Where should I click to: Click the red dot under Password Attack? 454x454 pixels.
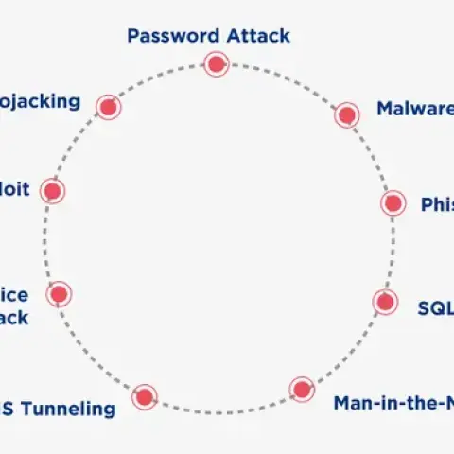click(x=216, y=64)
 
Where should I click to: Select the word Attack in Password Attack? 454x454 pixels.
click(x=257, y=37)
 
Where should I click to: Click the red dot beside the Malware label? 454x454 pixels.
click(x=347, y=115)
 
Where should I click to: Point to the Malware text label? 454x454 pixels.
click(x=414, y=109)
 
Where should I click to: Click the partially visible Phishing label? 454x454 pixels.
click(x=436, y=204)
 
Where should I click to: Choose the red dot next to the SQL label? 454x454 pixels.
click(x=384, y=302)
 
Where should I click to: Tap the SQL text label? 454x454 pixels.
click(x=435, y=307)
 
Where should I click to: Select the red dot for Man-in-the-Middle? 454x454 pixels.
click(x=302, y=389)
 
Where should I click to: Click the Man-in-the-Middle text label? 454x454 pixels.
click(x=393, y=403)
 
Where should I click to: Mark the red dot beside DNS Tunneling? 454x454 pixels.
click(x=144, y=395)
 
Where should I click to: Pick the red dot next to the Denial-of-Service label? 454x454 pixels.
click(x=60, y=293)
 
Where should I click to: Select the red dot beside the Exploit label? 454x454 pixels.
click(x=52, y=192)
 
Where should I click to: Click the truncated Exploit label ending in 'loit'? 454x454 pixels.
click(x=15, y=189)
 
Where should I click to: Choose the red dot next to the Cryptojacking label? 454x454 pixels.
click(x=109, y=107)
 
